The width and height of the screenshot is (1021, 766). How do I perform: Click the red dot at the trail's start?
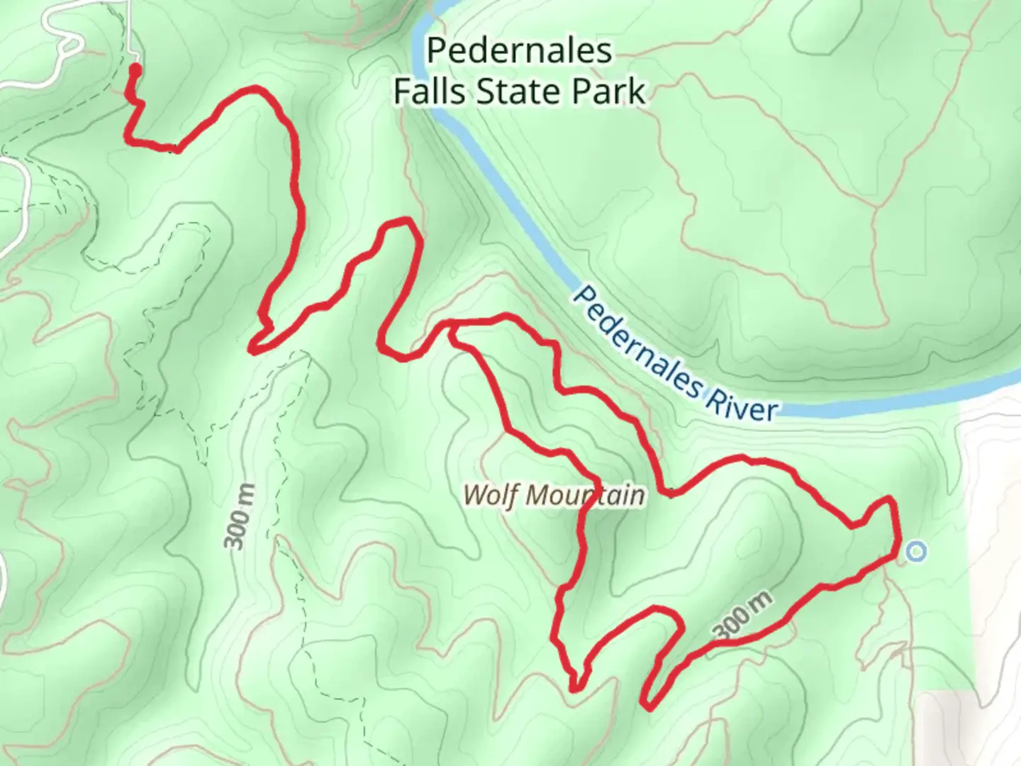point(134,69)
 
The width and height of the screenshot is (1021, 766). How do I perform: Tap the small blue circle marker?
point(916,551)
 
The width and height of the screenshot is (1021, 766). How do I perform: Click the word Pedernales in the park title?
point(519,51)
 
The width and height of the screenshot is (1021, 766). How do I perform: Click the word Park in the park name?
point(610,91)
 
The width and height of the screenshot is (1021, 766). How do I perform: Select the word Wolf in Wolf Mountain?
point(492,494)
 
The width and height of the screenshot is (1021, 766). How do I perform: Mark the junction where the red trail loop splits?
point(451,327)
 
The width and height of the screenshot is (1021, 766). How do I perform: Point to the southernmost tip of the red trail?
point(647,706)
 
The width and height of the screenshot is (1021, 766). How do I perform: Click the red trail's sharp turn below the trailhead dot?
point(129,140)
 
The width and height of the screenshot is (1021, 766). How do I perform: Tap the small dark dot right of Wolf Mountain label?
point(671,494)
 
